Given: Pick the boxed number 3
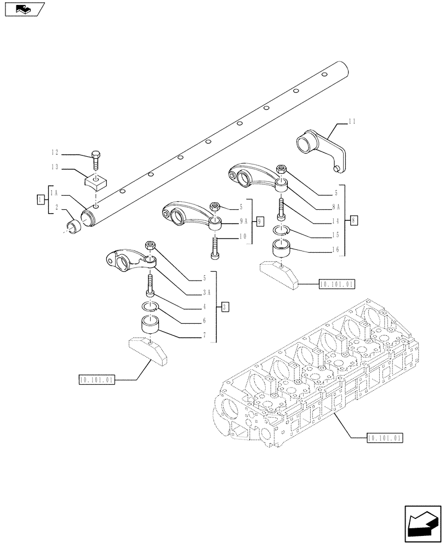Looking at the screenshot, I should [x=225, y=307].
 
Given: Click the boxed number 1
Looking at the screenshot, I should [x=40, y=199].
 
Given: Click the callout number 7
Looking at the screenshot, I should [x=203, y=334].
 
